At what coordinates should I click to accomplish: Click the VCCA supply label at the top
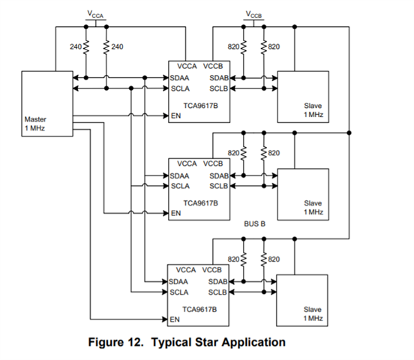[95, 14]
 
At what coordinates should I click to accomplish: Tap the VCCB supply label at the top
[253, 14]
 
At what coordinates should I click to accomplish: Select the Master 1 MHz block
[47, 103]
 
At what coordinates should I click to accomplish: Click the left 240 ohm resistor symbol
[85, 47]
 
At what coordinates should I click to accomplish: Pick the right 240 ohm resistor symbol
[106, 47]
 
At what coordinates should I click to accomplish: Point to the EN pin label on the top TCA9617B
[175, 115]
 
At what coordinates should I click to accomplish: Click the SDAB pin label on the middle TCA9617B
[219, 176]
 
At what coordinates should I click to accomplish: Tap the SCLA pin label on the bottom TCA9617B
[179, 292]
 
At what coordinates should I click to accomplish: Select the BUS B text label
[254, 224]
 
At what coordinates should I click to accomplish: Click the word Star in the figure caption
[206, 342]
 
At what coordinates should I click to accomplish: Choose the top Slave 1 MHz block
[303, 97]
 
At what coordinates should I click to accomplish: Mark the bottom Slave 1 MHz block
[302, 301]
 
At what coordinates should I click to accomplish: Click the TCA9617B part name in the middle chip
[201, 203]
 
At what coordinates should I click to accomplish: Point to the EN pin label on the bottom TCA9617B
[175, 319]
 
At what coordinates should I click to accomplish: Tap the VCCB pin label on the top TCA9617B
[213, 66]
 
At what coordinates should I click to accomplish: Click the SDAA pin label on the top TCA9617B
[179, 78]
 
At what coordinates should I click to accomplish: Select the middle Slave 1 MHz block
[303, 194]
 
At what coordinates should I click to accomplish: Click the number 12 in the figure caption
[136, 342]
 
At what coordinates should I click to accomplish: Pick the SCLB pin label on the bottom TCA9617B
[217, 292]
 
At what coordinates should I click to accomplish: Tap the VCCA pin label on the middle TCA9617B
[187, 163]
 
